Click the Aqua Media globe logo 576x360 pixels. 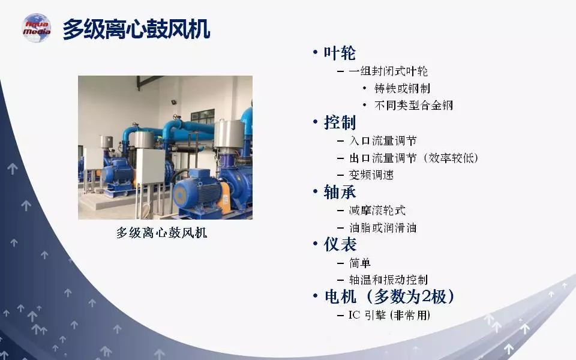point(37,28)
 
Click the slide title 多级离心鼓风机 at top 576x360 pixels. point(136,29)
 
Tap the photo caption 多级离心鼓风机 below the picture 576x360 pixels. point(161,233)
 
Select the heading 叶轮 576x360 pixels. point(340,53)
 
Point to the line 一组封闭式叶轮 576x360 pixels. point(388,71)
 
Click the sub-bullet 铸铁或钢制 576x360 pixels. point(402,88)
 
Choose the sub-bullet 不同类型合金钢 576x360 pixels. point(413,106)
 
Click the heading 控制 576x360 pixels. point(340,122)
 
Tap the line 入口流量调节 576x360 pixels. point(383,140)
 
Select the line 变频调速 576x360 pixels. point(371,175)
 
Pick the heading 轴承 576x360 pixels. point(340,192)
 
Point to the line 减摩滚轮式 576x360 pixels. point(377,211)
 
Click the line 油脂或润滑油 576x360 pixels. point(383,228)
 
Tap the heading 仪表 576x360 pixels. point(340,244)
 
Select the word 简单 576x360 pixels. point(360,263)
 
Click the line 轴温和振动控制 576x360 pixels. point(388,280)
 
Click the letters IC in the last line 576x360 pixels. point(355,315)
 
